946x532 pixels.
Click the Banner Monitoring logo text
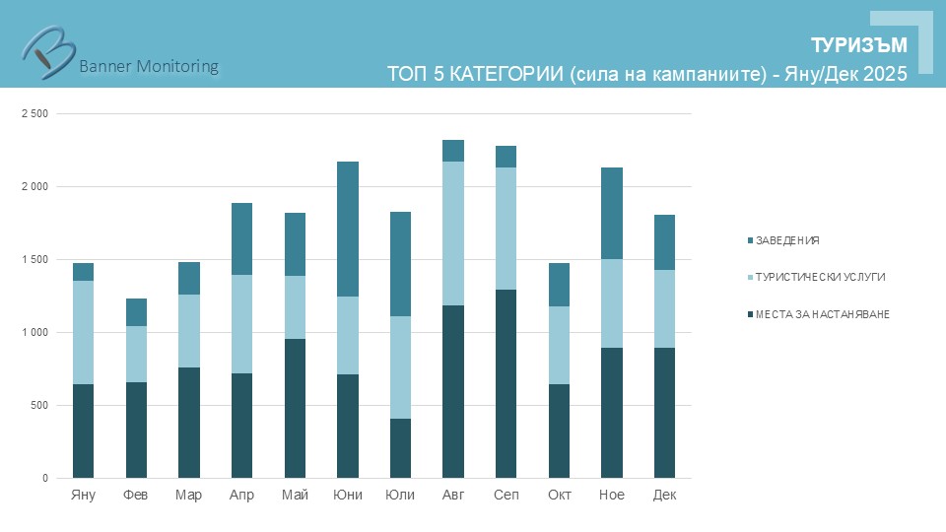(x=148, y=66)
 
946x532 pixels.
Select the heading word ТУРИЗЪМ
(x=858, y=45)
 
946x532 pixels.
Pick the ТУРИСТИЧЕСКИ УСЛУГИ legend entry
(x=820, y=277)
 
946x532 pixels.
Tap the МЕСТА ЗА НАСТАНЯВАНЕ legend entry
(x=823, y=313)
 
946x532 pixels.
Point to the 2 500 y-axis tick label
(x=34, y=114)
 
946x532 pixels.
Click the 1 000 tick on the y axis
(x=34, y=333)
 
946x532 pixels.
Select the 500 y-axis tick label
(x=38, y=406)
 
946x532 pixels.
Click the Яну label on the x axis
(x=84, y=495)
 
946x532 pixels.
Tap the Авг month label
(x=453, y=495)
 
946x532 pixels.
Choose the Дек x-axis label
(x=664, y=495)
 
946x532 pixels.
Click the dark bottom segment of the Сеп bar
(x=506, y=384)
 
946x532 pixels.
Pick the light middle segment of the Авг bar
(x=453, y=233)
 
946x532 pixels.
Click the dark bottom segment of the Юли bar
(x=400, y=448)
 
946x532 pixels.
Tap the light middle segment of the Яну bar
(x=84, y=332)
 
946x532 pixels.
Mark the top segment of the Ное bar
(x=611, y=213)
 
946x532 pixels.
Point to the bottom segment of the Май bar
(x=295, y=409)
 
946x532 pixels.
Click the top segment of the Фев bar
(x=136, y=312)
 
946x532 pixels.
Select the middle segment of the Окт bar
(x=559, y=345)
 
